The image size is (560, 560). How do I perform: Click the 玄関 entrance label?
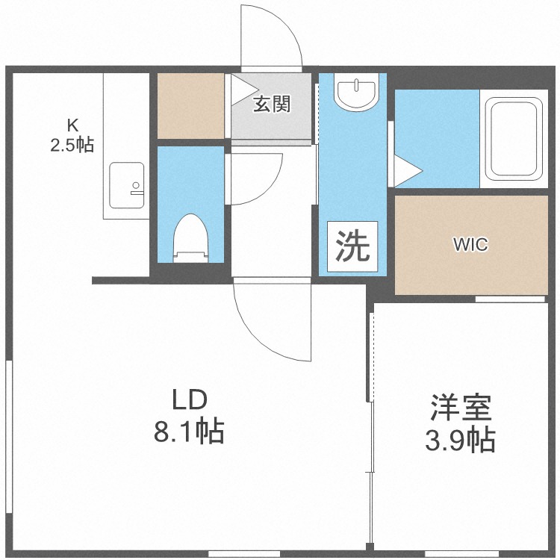coord(270,105)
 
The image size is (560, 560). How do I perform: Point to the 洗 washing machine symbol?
coord(352,246)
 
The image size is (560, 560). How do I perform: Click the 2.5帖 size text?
coord(72,145)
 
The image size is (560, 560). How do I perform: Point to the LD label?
coord(189,400)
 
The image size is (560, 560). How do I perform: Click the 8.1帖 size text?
coord(189,432)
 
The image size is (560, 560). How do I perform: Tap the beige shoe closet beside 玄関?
coord(190,105)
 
